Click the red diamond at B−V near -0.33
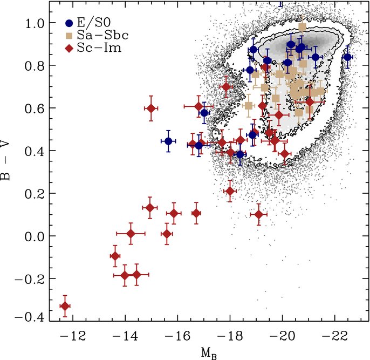coord(65,307)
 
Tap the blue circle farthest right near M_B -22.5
coord(347,57)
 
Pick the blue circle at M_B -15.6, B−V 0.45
coord(168,141)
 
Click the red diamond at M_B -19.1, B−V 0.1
coord(259,215)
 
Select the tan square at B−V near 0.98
coord(302,26)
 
